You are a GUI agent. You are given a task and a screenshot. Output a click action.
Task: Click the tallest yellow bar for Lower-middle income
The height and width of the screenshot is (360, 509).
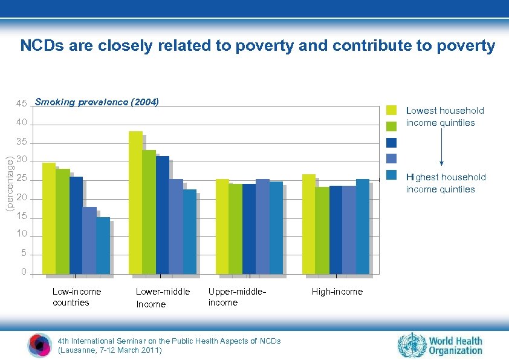135,202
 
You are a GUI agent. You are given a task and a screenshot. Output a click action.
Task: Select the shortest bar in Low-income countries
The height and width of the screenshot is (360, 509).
103,245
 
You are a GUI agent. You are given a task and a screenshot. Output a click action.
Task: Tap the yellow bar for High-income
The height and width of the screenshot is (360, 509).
308,224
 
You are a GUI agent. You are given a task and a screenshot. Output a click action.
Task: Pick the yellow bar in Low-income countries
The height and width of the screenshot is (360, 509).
48,218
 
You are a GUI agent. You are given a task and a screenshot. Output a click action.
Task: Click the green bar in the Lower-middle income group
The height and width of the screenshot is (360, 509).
149,212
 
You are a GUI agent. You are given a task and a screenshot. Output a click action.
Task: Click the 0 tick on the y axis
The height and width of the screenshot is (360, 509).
24,272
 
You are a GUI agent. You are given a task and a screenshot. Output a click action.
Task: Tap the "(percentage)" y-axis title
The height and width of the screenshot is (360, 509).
9,183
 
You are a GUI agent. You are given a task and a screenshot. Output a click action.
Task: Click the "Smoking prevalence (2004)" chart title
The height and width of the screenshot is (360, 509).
97,102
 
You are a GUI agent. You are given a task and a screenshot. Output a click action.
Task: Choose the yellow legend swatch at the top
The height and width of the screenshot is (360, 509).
392,110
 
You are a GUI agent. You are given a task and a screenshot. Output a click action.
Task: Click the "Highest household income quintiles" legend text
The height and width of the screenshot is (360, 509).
446,183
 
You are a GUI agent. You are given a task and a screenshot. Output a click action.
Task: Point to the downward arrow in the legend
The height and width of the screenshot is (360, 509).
442,148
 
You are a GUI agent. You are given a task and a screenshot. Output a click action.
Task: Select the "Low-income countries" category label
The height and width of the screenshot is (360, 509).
76,297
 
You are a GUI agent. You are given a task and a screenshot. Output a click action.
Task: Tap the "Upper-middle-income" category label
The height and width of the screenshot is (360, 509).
237,297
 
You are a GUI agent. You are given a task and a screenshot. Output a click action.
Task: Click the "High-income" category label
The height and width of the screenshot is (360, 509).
337,292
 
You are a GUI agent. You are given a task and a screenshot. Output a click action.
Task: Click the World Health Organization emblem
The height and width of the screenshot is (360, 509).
412,345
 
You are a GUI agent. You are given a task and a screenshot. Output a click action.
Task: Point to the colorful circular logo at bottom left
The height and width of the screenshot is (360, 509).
40,345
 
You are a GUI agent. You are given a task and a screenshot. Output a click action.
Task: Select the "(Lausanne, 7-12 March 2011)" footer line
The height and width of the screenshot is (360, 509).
109,350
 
